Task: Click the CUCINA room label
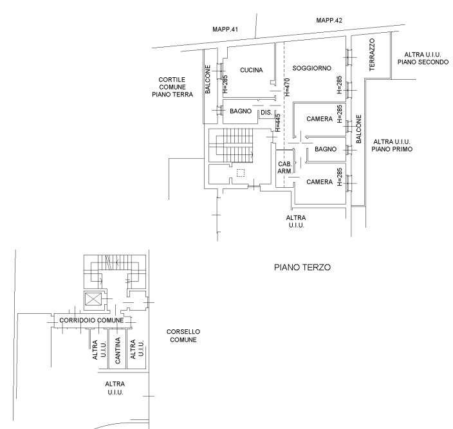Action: [x=252, y=70]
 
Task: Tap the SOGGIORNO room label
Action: [x=311, y=68]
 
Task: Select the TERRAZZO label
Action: [x=372, y=55]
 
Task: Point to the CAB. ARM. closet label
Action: [x=285, y=167]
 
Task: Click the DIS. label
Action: [x=266, y=113]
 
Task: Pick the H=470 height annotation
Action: [x=287, y=87]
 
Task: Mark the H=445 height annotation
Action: [x=278, y=123]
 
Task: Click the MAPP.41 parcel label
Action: [x=225, y=29]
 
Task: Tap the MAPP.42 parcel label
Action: [x=329, y=20]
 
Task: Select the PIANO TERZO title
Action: [x=302, y=267]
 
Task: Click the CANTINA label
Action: [x=118, y=351]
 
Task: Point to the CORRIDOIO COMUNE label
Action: [x=91, y=320]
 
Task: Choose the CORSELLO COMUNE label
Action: [x=183, y=336]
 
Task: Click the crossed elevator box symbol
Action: [x=93, y=299]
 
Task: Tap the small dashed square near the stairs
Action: [x=241, y=173]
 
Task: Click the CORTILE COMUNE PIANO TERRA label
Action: [x=172, y=87]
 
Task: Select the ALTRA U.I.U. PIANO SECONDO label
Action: [x=423, y=59]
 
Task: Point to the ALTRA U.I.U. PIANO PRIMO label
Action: [x=392, y=145]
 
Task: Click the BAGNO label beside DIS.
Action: [x=241, y=111]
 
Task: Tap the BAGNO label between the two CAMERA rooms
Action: [x=326, y=149]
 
